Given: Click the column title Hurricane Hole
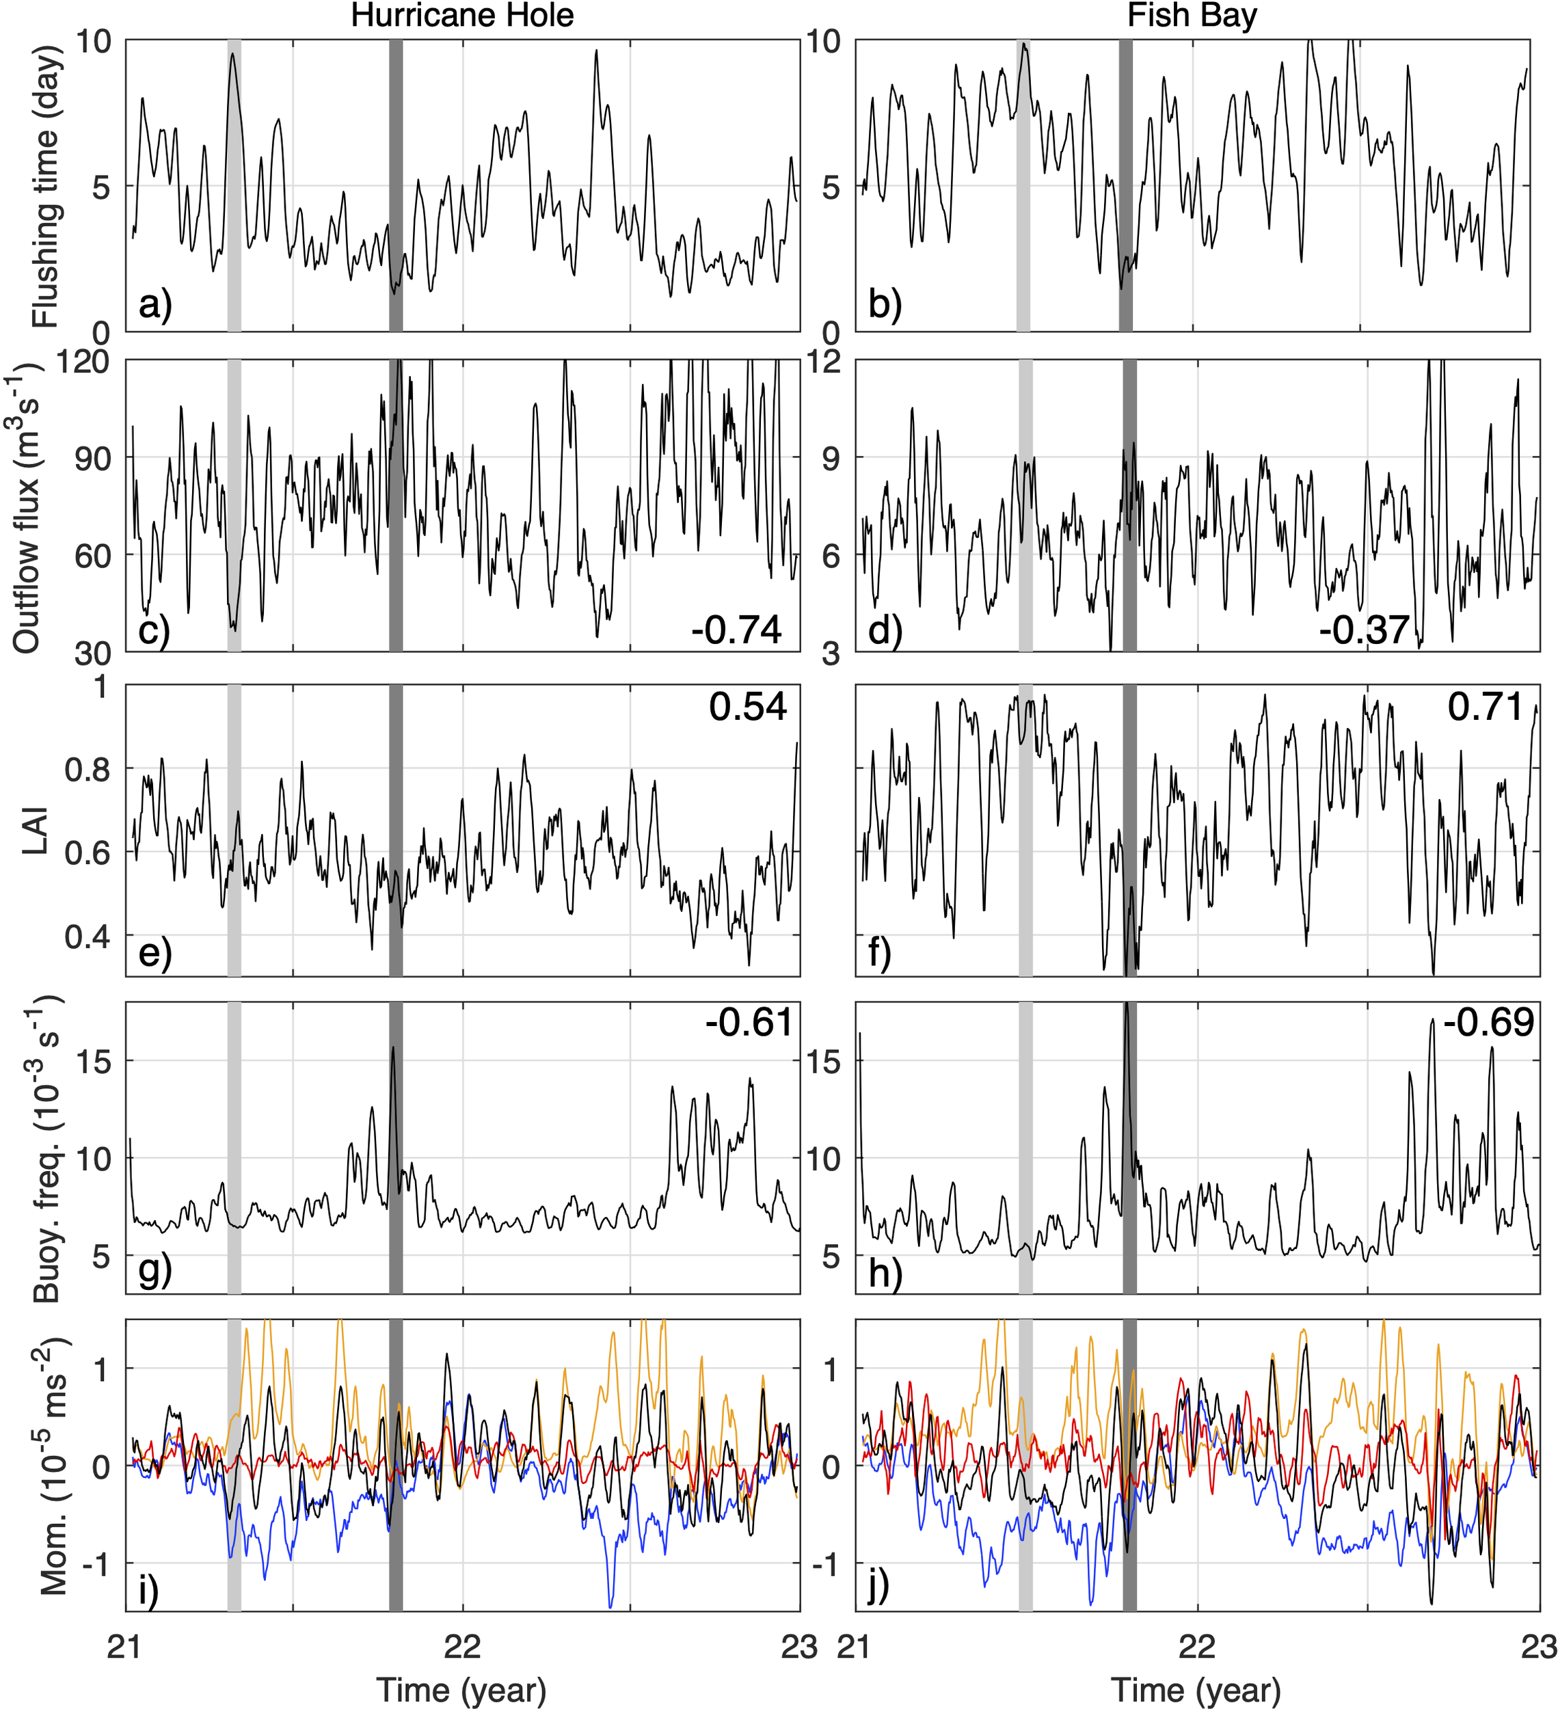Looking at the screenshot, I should (x=462, y=16).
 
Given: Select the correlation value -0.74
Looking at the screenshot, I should (x=736, y=630).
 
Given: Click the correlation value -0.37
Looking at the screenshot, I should (x=1364, y=630).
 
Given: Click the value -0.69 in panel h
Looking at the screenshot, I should (x=1488, y=1023).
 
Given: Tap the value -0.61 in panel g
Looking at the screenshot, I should (x=749, y=1023).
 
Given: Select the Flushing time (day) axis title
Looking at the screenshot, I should (x=46, y=186).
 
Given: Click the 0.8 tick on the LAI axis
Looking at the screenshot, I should (x=88, y=770).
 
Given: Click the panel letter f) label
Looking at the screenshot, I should (x=880, y=953).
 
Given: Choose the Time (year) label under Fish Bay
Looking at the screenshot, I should (x=1195, y=1688).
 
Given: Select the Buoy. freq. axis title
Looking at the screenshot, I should (x=46, y=1150).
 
